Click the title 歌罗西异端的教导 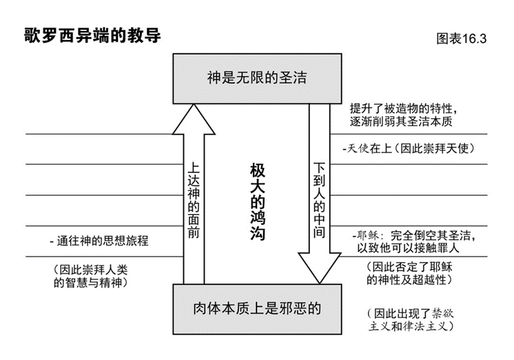pos(92,35)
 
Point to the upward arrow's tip pos(194,110)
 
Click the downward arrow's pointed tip pos(320,281)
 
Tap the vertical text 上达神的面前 pos(194,200)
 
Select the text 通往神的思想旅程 pos(100,241)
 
